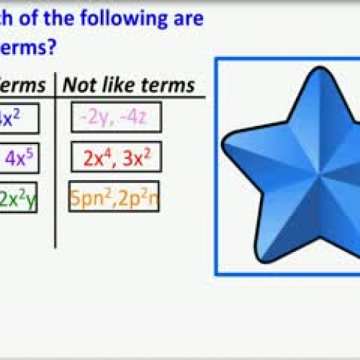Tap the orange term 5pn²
(x=91, y=197)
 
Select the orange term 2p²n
(x=137, y=197)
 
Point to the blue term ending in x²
(x=9, y=118)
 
